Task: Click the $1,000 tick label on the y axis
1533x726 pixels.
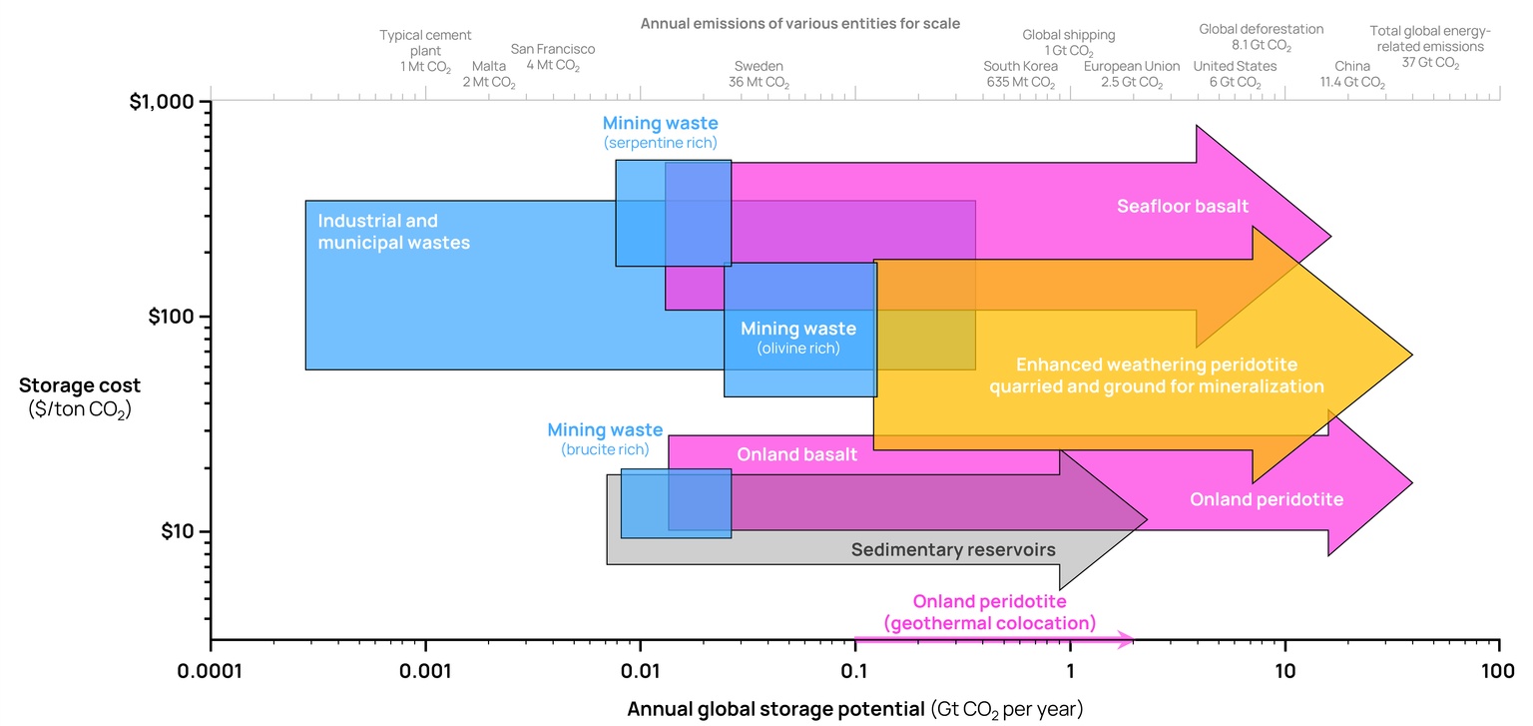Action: pos(168,102)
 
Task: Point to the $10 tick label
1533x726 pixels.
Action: pos(182,531)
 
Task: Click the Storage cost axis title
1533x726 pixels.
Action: pos(80,396)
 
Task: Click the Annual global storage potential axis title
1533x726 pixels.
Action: pos(854,709)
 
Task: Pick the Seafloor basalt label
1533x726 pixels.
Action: pos(1183,207)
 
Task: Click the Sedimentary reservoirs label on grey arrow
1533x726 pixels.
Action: pos(953,549)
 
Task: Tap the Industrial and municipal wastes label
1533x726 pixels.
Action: pos(393,232)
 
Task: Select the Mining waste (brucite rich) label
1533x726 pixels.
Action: pos(605,439)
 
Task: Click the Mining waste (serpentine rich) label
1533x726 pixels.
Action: pos(660,133)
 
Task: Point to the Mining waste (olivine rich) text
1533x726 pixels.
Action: pos(797,338)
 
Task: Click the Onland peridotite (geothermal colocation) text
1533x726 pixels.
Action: pos(989,612)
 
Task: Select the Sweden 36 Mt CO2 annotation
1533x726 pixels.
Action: pos(759,74)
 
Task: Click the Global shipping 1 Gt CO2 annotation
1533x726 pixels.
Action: pos(1068,43)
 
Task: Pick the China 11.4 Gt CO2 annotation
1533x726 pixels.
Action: pos(1352,74)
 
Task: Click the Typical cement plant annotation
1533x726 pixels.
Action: pos(425,51)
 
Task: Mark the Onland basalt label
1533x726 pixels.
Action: pos(796,455)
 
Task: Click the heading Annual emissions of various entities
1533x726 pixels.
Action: pos(800,22)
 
